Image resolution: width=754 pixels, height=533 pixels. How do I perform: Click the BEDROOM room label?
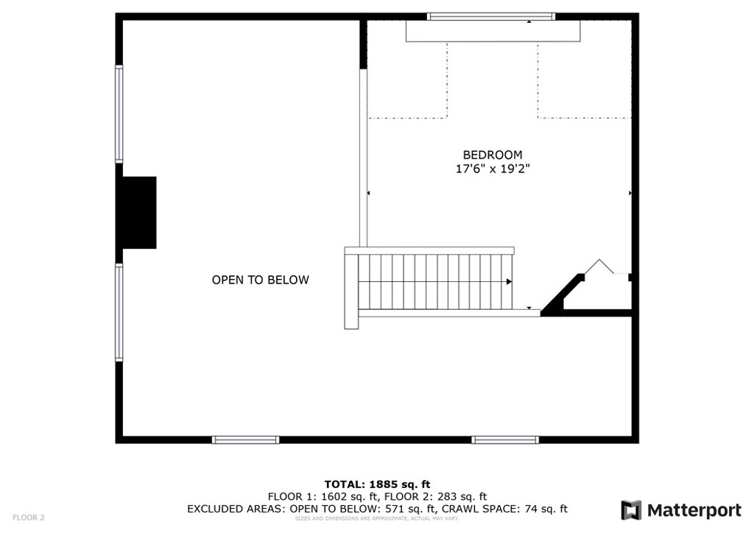pyautogui.click(x=492, y=155)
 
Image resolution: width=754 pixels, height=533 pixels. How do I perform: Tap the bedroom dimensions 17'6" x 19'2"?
pyautogui.click(x=492, y=169)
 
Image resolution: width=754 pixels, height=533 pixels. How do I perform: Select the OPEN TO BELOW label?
pyautogui.click(x=260, y=280)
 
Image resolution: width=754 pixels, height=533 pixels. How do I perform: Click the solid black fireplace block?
pyautogui.click(x=139, y=212)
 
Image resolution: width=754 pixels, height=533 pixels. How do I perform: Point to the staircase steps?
pyautogui.click(x=434, y=281)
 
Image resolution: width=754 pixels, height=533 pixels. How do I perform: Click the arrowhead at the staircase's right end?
pyautogui.click(x=509, y=281)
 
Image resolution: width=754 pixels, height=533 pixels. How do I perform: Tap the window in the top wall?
pyautogui.click(x=490, y=16)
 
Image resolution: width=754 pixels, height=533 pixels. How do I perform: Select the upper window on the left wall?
pyautogui.click(x=119, y=113)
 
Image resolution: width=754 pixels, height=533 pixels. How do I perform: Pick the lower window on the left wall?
pyautogui.click(x=119, y=312)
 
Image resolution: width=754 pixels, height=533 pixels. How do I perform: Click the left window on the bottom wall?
pyautogui.click(x=245, y=440)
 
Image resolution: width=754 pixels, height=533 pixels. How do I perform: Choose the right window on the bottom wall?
pyautogui.click(x=505, y=440)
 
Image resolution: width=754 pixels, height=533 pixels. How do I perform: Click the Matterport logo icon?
pyautogui.click(x=631, y=510)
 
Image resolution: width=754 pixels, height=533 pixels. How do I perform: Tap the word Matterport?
pyautogui.click(x=694, y=510)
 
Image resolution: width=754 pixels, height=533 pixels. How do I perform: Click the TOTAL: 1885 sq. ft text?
pyautogui.click(x=377, y=484)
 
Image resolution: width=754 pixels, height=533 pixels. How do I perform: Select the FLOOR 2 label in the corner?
pyautogui.click(x=29, y=518)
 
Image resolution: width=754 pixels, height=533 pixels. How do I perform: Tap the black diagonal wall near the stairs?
pyautogui.click(x=562, y=295)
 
